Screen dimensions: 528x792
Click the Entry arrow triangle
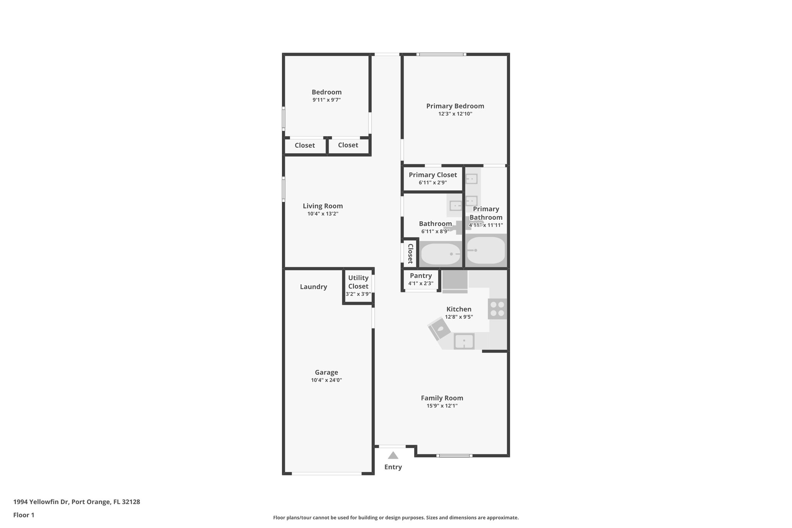(x=393, y=455)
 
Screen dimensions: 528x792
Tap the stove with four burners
(x=497, y=309)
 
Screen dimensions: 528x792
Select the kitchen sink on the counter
(x=464, y=341)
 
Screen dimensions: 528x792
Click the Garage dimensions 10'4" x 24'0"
(x=326, y=380)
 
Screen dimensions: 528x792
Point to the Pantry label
(x=421, y=276)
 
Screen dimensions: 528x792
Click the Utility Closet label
(x=358, y=282)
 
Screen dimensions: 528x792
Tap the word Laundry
(x=313, y=287)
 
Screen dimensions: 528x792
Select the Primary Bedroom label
(x=455, y=106)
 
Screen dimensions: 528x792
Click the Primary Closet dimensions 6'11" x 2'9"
(x=432, y=183)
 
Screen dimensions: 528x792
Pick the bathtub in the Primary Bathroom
(x=485, y=251)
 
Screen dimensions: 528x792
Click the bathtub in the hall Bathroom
(x=440, y=254)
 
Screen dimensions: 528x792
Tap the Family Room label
(x=442, y=398)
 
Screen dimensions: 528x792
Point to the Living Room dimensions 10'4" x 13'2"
(x=323, y=214)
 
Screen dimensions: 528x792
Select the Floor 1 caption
(x=24, y=515)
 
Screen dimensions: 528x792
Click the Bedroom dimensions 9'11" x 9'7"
(x=326, y=100)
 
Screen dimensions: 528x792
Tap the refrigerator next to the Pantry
(x=455, y=280)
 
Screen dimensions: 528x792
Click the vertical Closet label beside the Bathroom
(x=410, y=253)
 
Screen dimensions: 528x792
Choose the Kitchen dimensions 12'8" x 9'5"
(x=459, y=317)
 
